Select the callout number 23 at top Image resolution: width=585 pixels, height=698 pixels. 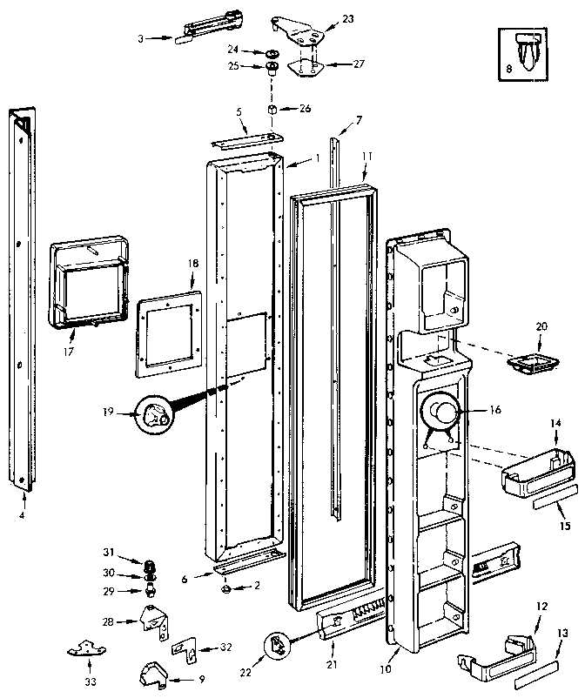tap(347, 18)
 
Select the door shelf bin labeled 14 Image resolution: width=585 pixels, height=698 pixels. tap(538, 470)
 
